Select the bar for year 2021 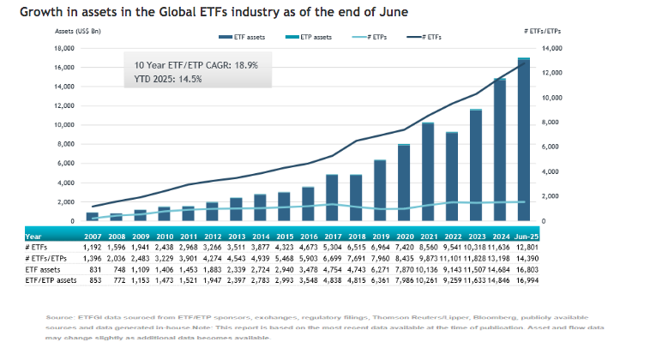[428, 171]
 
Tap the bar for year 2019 [380, 190]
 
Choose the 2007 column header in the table [93, 235]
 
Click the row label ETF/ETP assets [53, 279]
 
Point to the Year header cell [33, 235]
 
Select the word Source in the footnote [63, 318]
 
